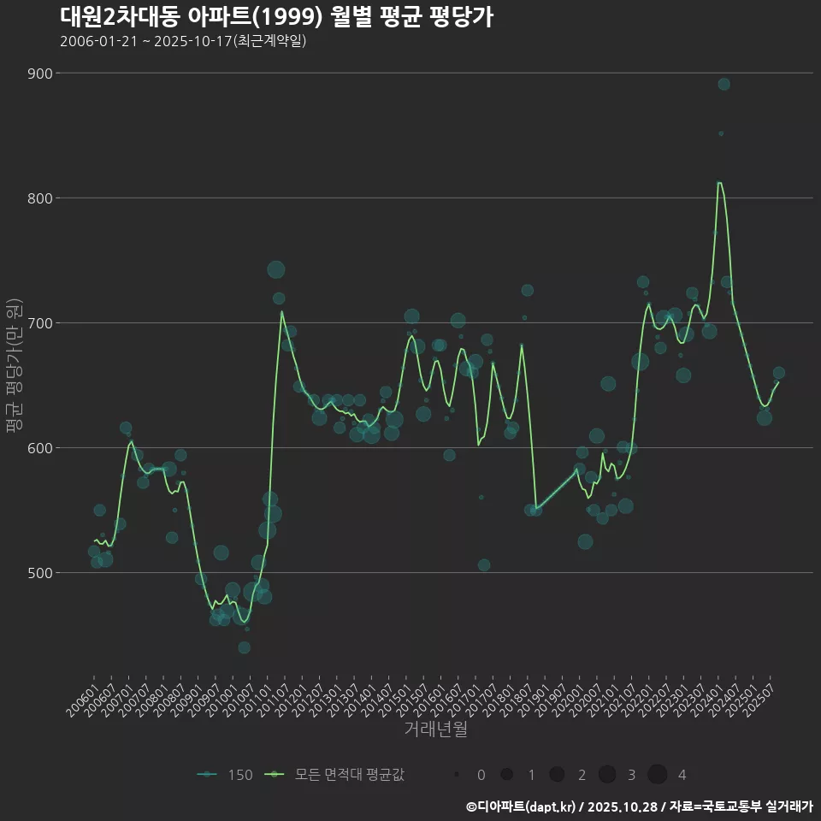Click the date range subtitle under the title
pos(183,41)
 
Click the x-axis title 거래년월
pos(435,729)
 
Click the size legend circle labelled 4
pos(657,775)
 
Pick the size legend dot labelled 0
pos(457,775)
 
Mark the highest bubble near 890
pos(724,84)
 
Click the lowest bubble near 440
pos(245,647)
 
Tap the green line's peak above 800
pos(719,182)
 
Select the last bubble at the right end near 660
pos(778,373)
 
